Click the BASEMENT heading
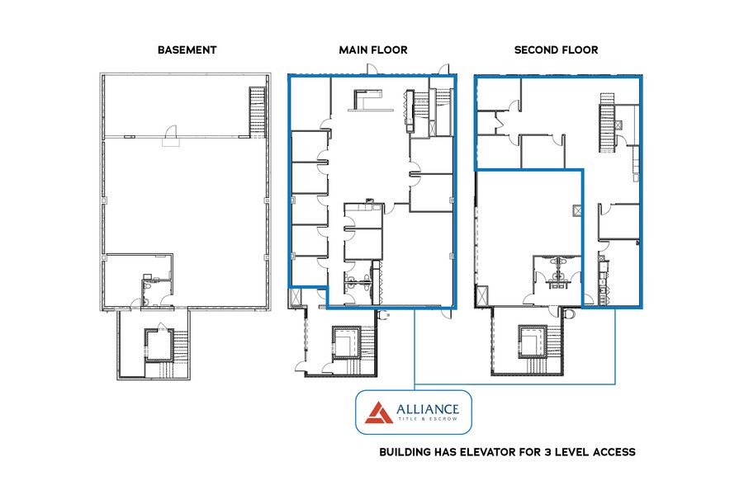187,49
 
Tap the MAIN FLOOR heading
373,49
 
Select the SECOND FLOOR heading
556,49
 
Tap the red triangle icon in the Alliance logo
379,412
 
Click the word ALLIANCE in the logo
428,408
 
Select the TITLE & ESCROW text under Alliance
428,419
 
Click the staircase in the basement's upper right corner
258,112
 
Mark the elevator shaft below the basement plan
159,346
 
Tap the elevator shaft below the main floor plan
346,343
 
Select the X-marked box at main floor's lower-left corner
295,297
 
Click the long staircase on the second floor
607,123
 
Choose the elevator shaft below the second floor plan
533,341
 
